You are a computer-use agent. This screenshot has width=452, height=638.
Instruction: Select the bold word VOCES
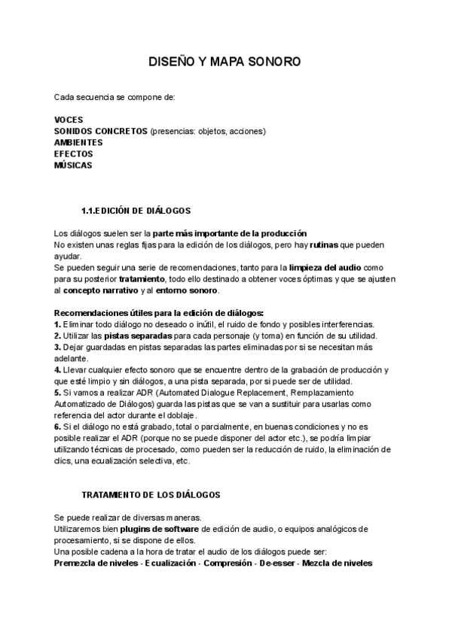click(69, 120)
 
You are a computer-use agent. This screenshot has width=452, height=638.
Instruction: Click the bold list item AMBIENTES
click(78, 142)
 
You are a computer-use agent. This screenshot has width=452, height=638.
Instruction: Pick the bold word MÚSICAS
click(74, 165)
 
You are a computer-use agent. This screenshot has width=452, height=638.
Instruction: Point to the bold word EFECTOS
click(74, 153)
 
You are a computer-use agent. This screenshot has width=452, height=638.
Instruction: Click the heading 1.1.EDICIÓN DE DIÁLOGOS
click(136, 210)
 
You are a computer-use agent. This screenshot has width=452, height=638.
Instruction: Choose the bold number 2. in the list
click(58, 335)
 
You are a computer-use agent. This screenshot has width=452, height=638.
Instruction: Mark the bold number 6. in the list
click(58, 427)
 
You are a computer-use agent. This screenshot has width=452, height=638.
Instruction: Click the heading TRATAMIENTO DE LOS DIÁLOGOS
click(151, 494)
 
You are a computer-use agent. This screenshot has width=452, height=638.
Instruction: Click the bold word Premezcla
click(77, 563)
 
